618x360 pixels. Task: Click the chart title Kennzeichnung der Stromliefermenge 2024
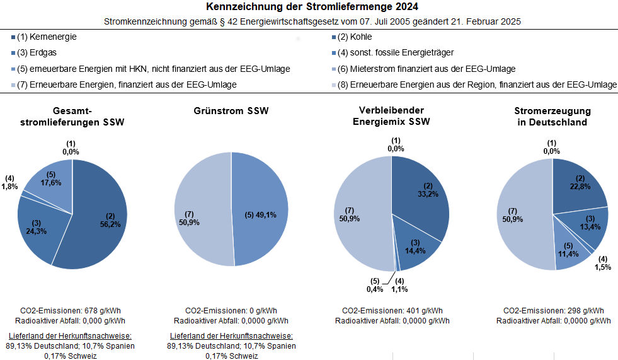point(309,7)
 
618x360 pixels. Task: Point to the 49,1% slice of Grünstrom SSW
point(258,214)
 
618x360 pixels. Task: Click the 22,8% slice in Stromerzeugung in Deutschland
point(580,186)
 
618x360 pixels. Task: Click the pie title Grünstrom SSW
point(231,112)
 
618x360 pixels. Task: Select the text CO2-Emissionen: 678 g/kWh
point(71,310)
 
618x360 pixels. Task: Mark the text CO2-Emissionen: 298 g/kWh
point(553,310)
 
